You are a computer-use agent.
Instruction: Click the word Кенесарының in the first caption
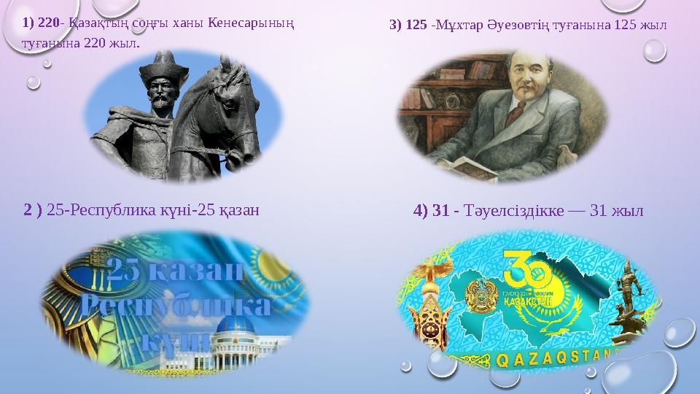pos(251,24)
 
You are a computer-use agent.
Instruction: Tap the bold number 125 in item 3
pos(416,25)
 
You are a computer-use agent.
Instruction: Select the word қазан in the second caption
pos(240,212)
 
